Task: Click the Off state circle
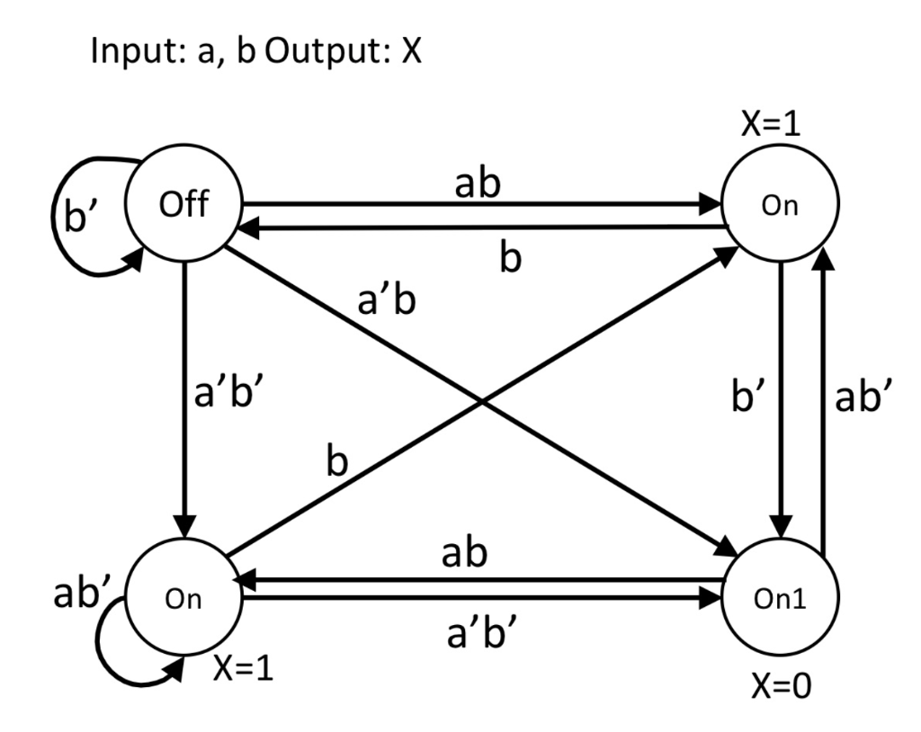(184, 206)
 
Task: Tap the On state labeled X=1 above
(781, 208)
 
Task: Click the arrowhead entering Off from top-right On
(246, 230)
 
